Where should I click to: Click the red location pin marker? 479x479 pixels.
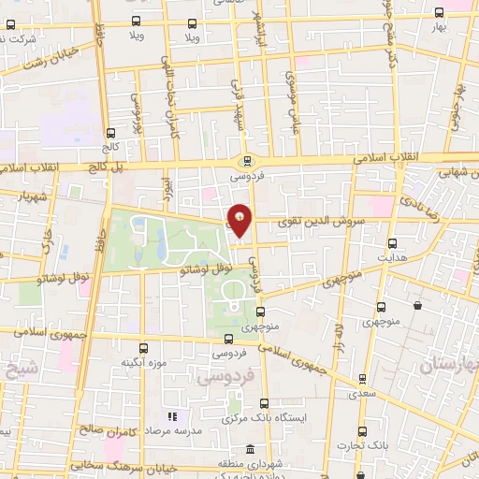239,220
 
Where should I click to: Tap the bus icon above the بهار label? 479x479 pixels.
440,13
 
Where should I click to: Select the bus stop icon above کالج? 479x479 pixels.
111,134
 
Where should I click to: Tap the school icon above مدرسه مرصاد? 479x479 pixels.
171,415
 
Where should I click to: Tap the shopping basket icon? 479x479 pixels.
415,306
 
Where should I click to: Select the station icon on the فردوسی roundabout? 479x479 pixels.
247,159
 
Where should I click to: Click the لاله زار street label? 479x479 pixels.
337,334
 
